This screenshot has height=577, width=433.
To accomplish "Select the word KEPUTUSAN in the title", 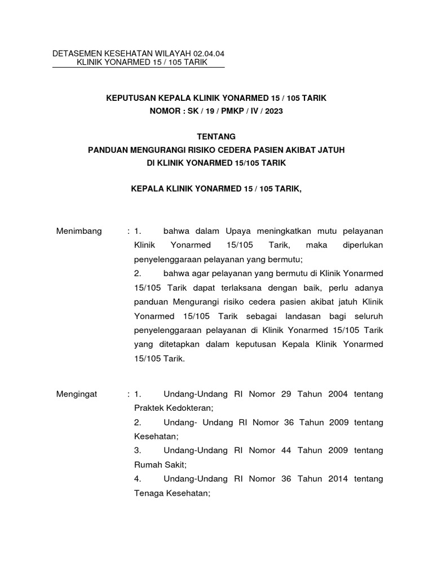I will (134, 99).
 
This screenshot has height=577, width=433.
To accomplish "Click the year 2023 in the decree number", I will (273, 112).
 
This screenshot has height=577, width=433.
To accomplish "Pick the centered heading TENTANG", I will (216, 137).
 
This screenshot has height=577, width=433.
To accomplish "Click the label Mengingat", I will (77, 394).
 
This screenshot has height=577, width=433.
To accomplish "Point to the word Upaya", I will (240, 231).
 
